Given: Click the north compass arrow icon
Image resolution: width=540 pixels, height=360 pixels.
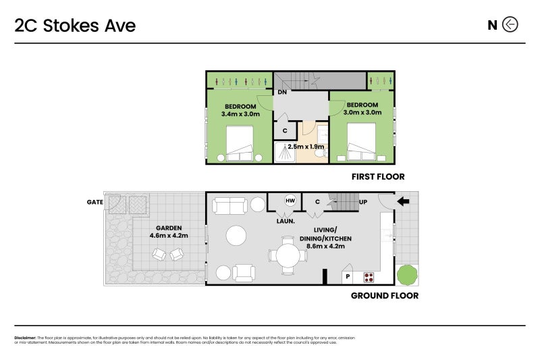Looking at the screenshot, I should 510,26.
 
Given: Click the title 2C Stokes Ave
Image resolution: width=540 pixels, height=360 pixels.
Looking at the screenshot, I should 75,26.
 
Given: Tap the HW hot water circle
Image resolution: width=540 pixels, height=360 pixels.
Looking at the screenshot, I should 290,201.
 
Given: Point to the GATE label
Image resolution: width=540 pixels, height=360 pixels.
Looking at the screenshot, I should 94,202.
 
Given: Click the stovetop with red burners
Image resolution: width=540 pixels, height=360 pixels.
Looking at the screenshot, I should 369,276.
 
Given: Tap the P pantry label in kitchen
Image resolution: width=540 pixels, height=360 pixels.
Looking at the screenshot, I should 348,276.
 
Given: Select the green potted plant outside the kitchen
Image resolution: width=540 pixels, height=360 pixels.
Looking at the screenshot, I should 407,275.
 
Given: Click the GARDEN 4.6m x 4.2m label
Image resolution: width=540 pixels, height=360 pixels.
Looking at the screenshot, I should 168,232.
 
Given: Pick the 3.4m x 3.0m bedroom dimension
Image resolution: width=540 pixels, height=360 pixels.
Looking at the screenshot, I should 240,110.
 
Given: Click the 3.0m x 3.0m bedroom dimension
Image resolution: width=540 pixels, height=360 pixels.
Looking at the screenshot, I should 362,109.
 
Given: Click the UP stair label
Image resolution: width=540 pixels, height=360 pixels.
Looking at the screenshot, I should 363,202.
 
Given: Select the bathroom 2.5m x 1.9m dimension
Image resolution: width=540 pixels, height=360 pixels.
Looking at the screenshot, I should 306,147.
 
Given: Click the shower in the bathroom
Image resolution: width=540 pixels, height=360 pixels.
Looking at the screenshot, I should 285,153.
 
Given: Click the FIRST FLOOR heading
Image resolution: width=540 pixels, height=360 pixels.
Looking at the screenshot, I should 377,177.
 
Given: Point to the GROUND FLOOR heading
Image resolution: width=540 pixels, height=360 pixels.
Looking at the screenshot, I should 384,295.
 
